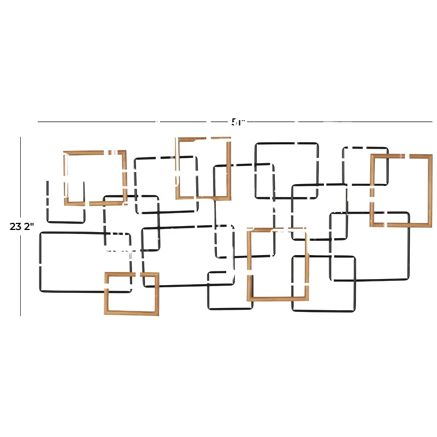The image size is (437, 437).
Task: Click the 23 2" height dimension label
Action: pos(21,226)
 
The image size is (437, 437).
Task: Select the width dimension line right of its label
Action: pos(339,121)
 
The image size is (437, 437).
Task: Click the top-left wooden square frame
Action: pos(96,152)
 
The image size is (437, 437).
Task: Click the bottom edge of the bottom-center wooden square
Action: pos(277,299)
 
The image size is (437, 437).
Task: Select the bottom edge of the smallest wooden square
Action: pos(132,313)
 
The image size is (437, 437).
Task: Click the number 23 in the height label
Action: pos(15,226)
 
